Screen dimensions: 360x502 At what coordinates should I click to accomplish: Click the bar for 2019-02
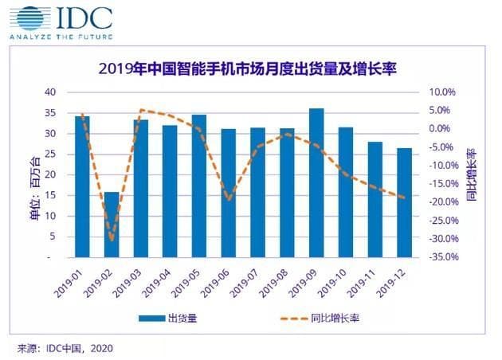tap(112, 225)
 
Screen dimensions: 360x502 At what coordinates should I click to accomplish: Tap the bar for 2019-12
tap(404, 203)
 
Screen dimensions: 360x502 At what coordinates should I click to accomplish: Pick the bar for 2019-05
tap(199, 186)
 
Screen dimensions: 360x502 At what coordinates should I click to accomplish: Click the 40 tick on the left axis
tap(49, 92)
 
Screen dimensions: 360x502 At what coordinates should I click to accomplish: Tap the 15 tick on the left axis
tap(49, 196)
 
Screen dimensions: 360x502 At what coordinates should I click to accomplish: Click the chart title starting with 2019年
tap(246, 69)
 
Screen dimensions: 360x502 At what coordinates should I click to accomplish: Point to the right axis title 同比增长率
tap(472, 174)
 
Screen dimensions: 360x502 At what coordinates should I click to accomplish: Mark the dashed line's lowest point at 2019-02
tap(112, 240)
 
